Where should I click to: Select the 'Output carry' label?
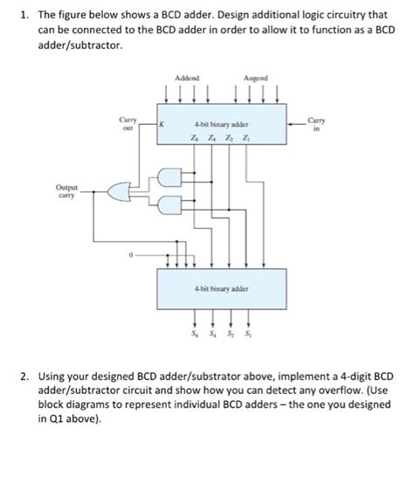66,190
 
